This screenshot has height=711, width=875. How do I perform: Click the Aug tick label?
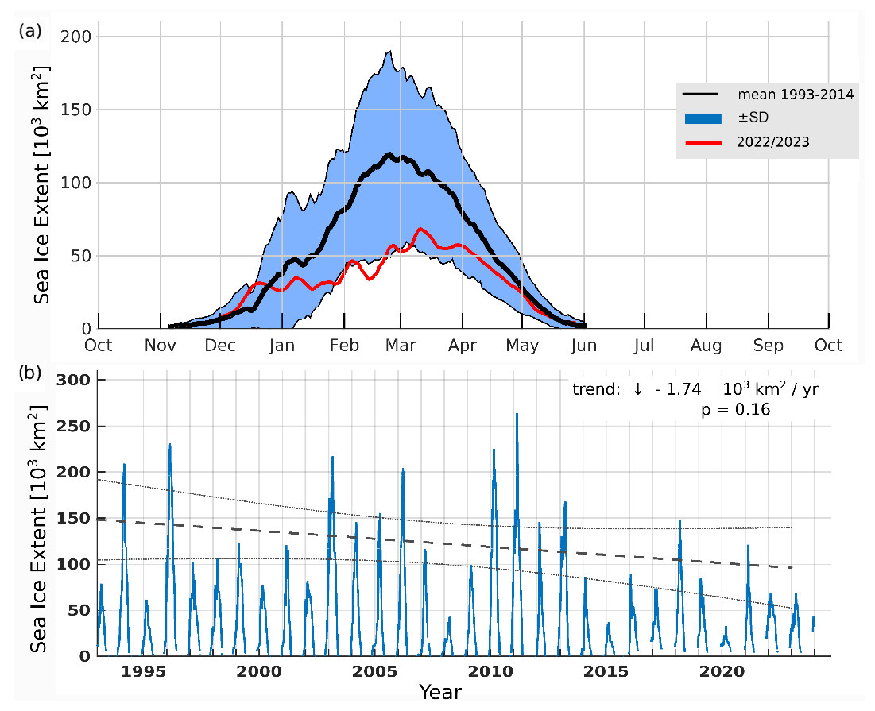(x=706, y=346)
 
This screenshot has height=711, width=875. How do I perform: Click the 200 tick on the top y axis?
(x=76, y=37)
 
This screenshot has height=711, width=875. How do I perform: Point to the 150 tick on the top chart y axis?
(x=76, y=110)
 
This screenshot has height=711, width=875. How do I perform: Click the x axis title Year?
(x=440, y=692)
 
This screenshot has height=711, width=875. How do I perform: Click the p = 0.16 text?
(x=736, y=409)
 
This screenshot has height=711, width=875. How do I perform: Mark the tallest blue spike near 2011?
(x=517, y=414)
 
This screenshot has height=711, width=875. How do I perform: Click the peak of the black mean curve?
(x=389, y=154)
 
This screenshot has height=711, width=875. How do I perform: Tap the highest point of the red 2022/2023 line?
(x=420, y=229)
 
